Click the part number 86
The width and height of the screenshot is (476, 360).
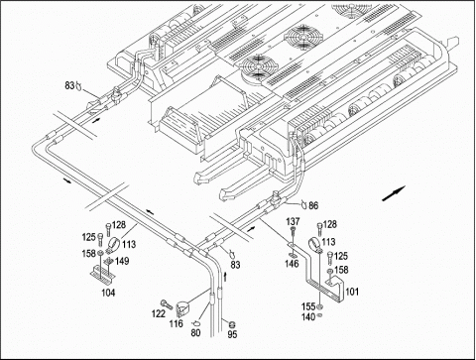click(313, 205)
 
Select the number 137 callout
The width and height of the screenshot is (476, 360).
click(293, 221)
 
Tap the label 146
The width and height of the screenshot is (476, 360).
click(292, 264)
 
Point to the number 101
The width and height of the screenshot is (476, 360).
click(352, 292)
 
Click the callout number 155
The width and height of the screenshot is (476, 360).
click(308, 306)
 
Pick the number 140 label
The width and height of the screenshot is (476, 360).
click(308, 317)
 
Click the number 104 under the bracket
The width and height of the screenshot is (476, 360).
click(108, 293)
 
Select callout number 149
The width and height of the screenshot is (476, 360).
click(122, 261)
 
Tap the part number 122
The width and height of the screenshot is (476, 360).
click(159, 313)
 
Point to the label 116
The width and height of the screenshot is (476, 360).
click(176, 323)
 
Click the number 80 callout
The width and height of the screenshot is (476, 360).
click(195, 332)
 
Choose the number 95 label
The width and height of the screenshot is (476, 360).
click(232, 334)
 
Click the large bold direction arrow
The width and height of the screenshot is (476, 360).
click(394, 193)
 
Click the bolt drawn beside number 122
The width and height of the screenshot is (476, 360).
click(167, 304)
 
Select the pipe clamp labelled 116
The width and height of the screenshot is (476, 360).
click(181, 307)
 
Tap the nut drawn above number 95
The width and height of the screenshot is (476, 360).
click(232, 324)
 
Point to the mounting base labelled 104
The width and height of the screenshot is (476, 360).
click(103, 272)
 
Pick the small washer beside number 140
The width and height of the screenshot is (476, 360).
click(319, 315)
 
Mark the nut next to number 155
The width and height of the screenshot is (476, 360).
click(319, 307)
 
